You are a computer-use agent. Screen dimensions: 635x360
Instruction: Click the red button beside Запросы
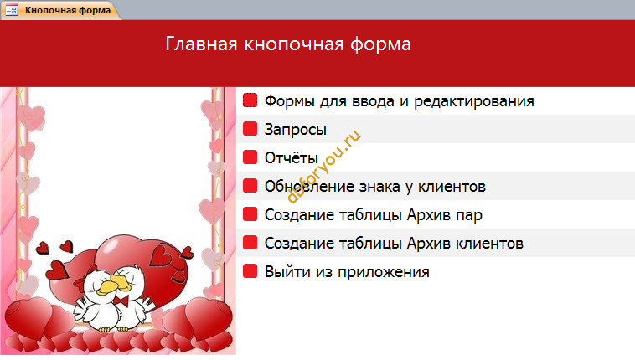[x=250, y=129]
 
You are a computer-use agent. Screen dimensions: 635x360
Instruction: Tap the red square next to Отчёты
[x=250, y=157]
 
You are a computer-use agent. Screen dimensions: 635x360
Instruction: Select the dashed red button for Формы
[x=250, y=100]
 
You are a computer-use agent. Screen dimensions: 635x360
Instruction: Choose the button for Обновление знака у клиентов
[x=250, y=186]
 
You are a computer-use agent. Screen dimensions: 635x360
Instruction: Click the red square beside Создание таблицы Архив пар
[x=250, y=214]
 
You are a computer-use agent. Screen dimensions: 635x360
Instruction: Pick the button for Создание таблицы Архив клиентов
[x=250, y=243]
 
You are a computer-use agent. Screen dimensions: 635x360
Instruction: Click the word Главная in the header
[x=201, y=44]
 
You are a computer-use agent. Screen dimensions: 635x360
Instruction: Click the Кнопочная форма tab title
[x=68, y=10]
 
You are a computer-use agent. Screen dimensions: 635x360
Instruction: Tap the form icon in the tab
[x=12, y=10]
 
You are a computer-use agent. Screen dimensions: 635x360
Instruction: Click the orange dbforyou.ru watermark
[x=323, y=166]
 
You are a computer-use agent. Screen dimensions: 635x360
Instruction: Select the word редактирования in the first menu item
[x=474, y=101]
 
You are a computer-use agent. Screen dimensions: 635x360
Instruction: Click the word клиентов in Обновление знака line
[x=452, y=187]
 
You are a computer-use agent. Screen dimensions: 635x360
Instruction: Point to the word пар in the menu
[x=469, y=216]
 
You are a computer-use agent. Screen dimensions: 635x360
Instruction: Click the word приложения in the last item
[x=384, y=272]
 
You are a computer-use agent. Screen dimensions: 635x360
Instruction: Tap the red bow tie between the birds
[x=122, y=301]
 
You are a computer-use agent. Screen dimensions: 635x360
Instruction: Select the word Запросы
[x=295, y=130]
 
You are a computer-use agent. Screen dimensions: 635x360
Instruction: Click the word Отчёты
[x=292, y=157]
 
